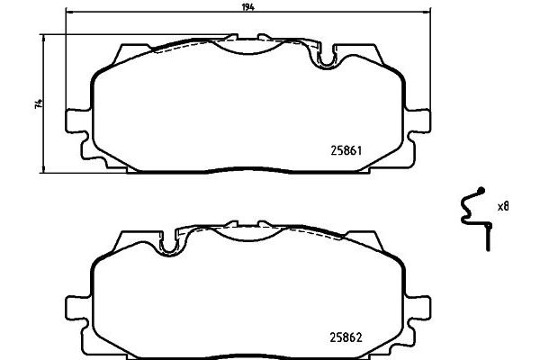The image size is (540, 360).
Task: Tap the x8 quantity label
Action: coord(504,206)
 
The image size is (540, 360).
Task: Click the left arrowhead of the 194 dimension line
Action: coord(68,14)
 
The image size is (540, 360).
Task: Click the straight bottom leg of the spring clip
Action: coord(487,238)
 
